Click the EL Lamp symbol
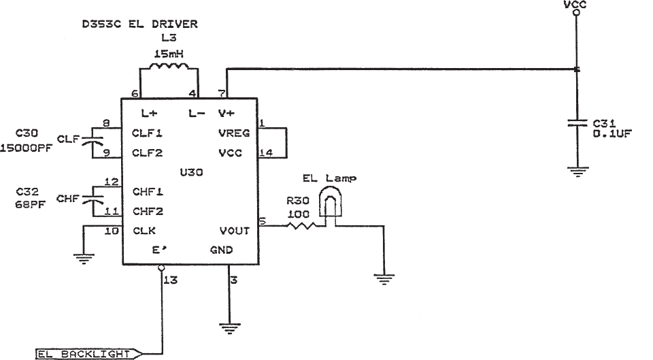331,204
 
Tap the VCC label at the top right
576,5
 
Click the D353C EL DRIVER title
139,24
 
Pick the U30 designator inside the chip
190,173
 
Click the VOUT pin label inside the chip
235,231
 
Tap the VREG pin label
235,133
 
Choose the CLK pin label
145,231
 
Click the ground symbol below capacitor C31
577,171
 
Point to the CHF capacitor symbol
90,199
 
